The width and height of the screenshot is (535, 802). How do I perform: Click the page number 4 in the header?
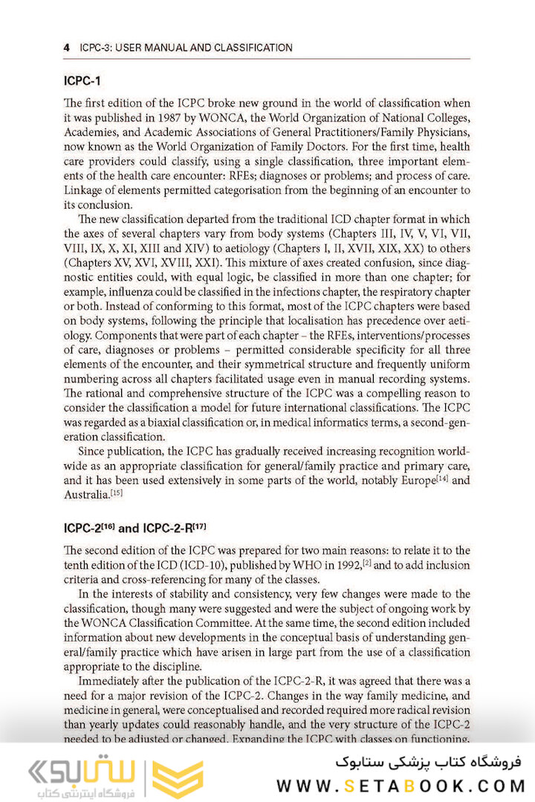click(67, 48)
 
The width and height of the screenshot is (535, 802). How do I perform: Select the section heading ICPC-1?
click(82, 80)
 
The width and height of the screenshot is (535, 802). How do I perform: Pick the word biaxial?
click(169, 422)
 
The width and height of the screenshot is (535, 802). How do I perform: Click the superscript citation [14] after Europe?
click(442, 477)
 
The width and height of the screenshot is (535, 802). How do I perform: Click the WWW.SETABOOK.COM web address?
click(401, 786)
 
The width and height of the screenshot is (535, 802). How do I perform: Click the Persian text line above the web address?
click(429, 761)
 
